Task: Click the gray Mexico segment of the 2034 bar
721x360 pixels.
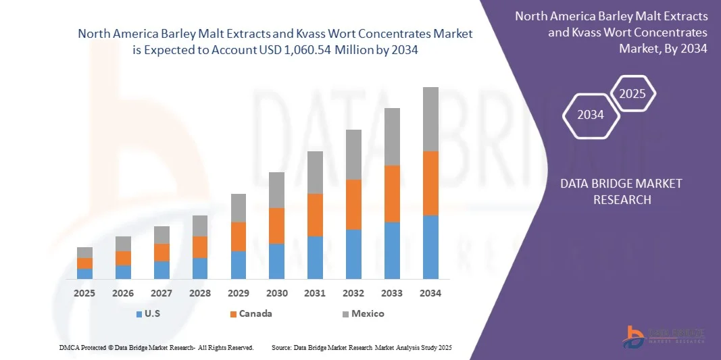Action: click(x=430, y=119)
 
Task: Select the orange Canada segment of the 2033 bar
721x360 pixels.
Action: click(x=392, y=194)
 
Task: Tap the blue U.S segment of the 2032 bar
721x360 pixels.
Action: click(x=353, y=254)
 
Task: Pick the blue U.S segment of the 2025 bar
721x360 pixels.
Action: click(x=84, y=274)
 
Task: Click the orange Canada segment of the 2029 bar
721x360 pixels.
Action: click(x=239, y=236)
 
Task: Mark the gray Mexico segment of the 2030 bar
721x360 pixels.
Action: click(x=277, y=190)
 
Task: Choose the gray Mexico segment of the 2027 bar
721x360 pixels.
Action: click(x=161, y=234)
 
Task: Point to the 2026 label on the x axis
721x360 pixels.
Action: click(x=123, y=294)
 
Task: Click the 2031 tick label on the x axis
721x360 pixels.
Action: click(x=315, y=294)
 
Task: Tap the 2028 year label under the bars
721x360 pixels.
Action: click(x=200, y=294)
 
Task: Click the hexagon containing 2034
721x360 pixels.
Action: click(x=591, y=115)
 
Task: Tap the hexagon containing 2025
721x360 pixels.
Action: click(x=632, y=94)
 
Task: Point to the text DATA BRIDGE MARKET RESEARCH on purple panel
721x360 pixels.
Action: click(x=622, y=191)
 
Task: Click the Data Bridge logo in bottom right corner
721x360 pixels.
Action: click(x=665, y=336)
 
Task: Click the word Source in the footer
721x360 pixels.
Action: click(x=281, y=347)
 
